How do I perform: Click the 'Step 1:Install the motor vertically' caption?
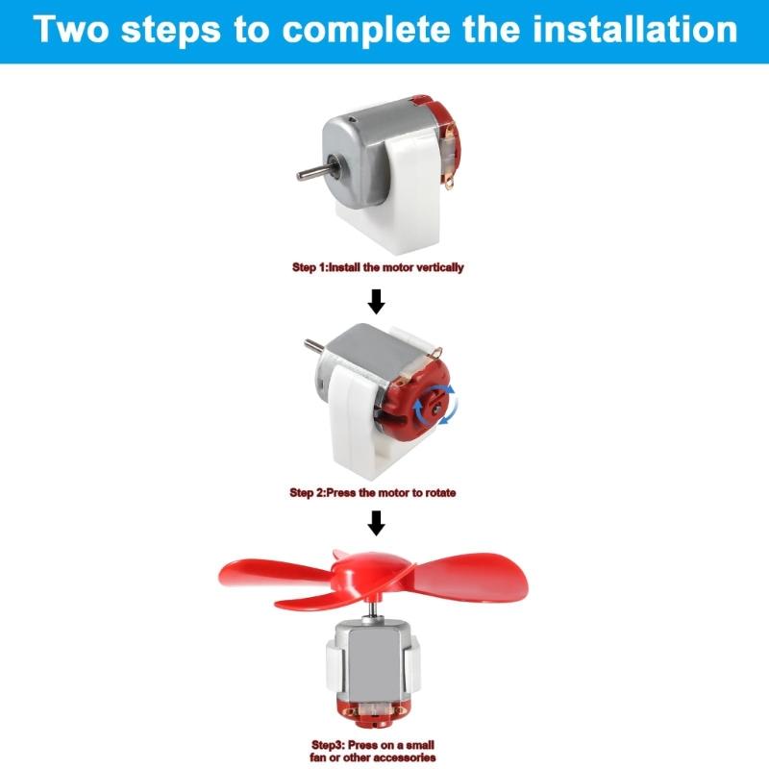coord(378,267)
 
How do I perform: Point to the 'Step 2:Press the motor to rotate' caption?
coord(373,492)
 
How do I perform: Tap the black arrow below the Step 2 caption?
coord(377,523)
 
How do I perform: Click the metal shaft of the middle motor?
coord(313,346)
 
